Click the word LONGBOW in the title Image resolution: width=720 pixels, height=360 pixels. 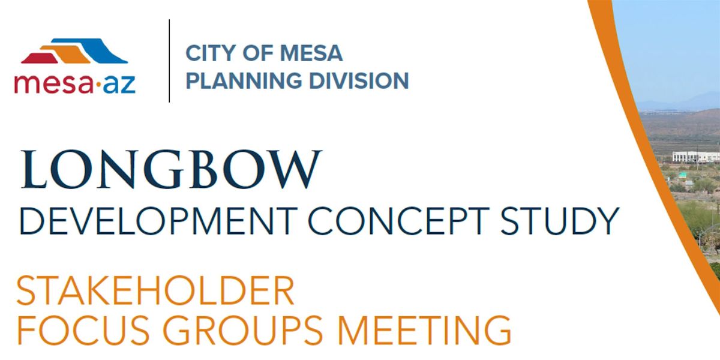(171, 169)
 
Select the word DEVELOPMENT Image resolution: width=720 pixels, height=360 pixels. (159, 221)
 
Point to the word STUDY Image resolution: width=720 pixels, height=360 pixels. (560, 221)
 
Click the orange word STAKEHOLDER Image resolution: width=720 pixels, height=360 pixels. (155, 291)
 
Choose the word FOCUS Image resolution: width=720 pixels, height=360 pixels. (83, 330)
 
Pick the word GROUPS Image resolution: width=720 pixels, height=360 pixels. (243, 330)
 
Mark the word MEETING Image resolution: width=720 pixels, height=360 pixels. (424, 330)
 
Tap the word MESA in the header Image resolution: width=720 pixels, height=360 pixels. (311, 53)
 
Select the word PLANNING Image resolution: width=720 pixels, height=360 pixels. (244, 80)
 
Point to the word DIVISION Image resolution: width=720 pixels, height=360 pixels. (359, 80)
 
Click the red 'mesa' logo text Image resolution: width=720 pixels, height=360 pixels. (53, 83)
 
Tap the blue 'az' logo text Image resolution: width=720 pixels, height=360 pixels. (119, 85)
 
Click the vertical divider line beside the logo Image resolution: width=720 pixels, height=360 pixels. (169, 61)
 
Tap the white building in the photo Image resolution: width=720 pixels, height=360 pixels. (696, 157)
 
